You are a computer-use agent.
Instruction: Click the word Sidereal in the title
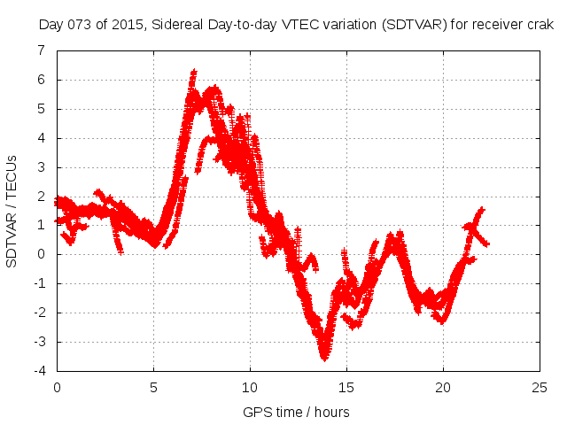[181, 26]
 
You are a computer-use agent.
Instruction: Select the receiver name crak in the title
[538, 26]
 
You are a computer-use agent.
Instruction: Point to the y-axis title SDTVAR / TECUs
[12, 211]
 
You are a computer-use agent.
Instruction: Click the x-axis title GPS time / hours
[296, 412]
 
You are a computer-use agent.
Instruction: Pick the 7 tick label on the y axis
[41, 50]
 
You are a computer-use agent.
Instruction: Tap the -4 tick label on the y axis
[38, 371]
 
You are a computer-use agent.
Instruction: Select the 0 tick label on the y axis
[41, 254]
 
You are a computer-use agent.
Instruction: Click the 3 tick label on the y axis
[41, 167]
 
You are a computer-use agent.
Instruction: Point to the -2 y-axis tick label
[38, 313]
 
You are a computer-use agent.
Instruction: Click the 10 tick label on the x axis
[250, 387]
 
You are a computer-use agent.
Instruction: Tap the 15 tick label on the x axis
[346, 387]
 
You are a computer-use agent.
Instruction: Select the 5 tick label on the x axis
[153, 387]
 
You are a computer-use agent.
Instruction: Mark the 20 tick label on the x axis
[443, 387]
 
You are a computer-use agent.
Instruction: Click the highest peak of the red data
[193, 72]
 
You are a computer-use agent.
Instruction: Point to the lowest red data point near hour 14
[325, 358]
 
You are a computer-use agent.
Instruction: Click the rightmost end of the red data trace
[487, 243]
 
